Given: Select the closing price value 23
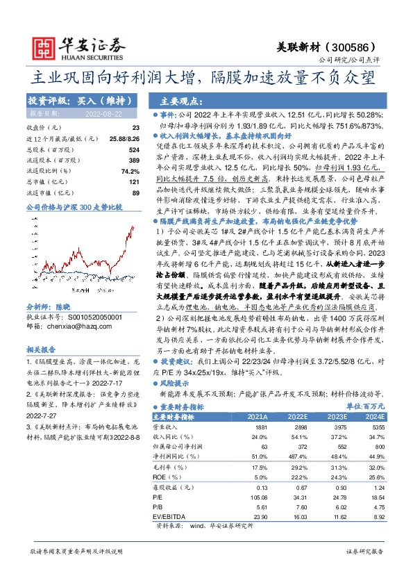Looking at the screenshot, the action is click(135, 128).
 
